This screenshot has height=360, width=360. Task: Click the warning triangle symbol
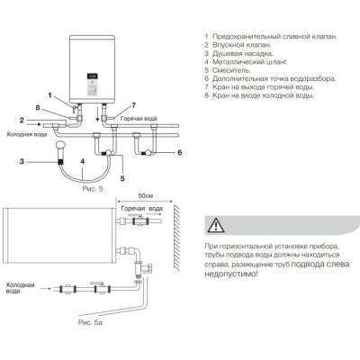pyautogui.click(x=217, y=225)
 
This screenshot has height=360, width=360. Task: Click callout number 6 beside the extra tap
pyautogui.click(x=179, y=153)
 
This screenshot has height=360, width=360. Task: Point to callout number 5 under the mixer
pyautogui.click(x=122, y=178)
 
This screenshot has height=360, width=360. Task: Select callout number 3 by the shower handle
pyautogui.click(x=22, y=161)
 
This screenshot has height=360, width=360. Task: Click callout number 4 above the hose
pyautogui.click(x=83, y=161)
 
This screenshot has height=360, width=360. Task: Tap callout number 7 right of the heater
pyautogui.click(x=133, y=105)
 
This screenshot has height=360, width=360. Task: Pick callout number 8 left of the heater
pyautogui.click(x=38, y=107)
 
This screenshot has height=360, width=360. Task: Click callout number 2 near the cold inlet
pyautogui.click(x=22, y=120)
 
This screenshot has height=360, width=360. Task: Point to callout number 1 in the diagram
pyautogui.click(x=50, y=95)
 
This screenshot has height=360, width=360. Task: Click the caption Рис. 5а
pyautogui.click(x=90, y=323)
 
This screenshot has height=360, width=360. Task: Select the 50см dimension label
pyautogui.click(x=146, y=196)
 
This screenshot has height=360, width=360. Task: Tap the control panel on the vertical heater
pyautogui.click(x=93, y=85)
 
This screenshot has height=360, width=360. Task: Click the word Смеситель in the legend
pyautogui.click(x=231, y=70)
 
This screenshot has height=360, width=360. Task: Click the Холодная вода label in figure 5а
pyautogui.click(x=20, y=288)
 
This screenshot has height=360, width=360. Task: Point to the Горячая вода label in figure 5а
pyautogui.click(x=142, y=209)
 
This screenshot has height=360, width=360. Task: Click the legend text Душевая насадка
pyautogui.click(x=243, y=54)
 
